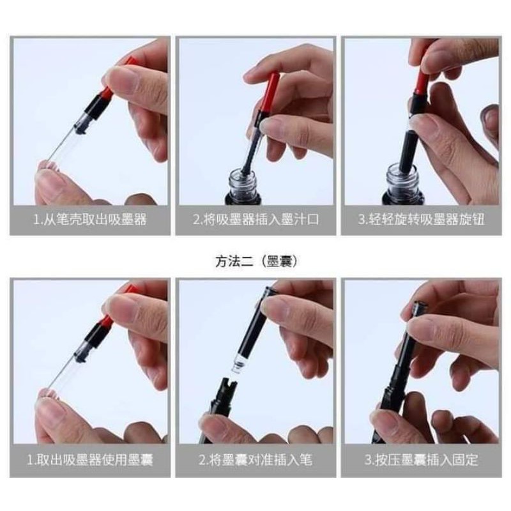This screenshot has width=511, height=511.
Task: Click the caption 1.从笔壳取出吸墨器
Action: pyautogui.click(x=90, y=219)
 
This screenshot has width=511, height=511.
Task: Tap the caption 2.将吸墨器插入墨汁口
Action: pyautogui.click(x=256, y=219)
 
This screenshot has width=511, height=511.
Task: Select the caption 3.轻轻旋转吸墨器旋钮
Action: pyautogui.click(x=421, y=219)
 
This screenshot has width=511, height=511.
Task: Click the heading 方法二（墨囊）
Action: pyautogui.click(x=256, y=262)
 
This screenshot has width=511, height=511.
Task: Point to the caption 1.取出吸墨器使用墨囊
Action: pyautogui.click(x=90, y=460)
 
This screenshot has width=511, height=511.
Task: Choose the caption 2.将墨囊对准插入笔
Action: pyautogui.click(x=256, y=460)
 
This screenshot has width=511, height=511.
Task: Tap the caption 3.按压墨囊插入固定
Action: pyautogui.click(x=421, y=460)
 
